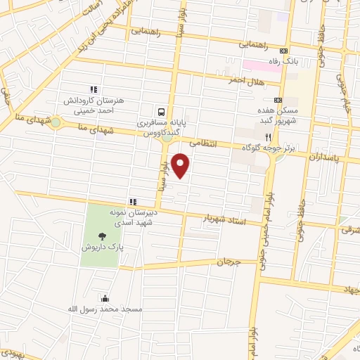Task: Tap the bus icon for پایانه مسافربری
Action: (x=162, y=111)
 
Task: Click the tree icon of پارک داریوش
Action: (x=103, y=236)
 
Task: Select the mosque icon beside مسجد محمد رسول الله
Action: (x=105, y=298)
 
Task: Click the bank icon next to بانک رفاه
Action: (x=283, y=51)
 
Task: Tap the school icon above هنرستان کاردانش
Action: (x=92, y=90)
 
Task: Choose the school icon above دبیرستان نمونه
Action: (x=132, y=202)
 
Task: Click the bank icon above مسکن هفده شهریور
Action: (x=278, y=101)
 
